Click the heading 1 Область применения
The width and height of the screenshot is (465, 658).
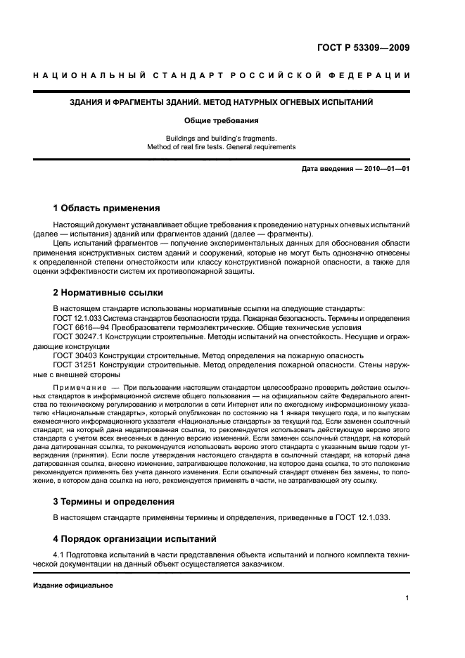(x=107, y=208)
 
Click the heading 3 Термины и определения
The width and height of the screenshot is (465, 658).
(x=115, y=502)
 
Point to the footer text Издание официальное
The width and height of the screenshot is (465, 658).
(x=73, y=585)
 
